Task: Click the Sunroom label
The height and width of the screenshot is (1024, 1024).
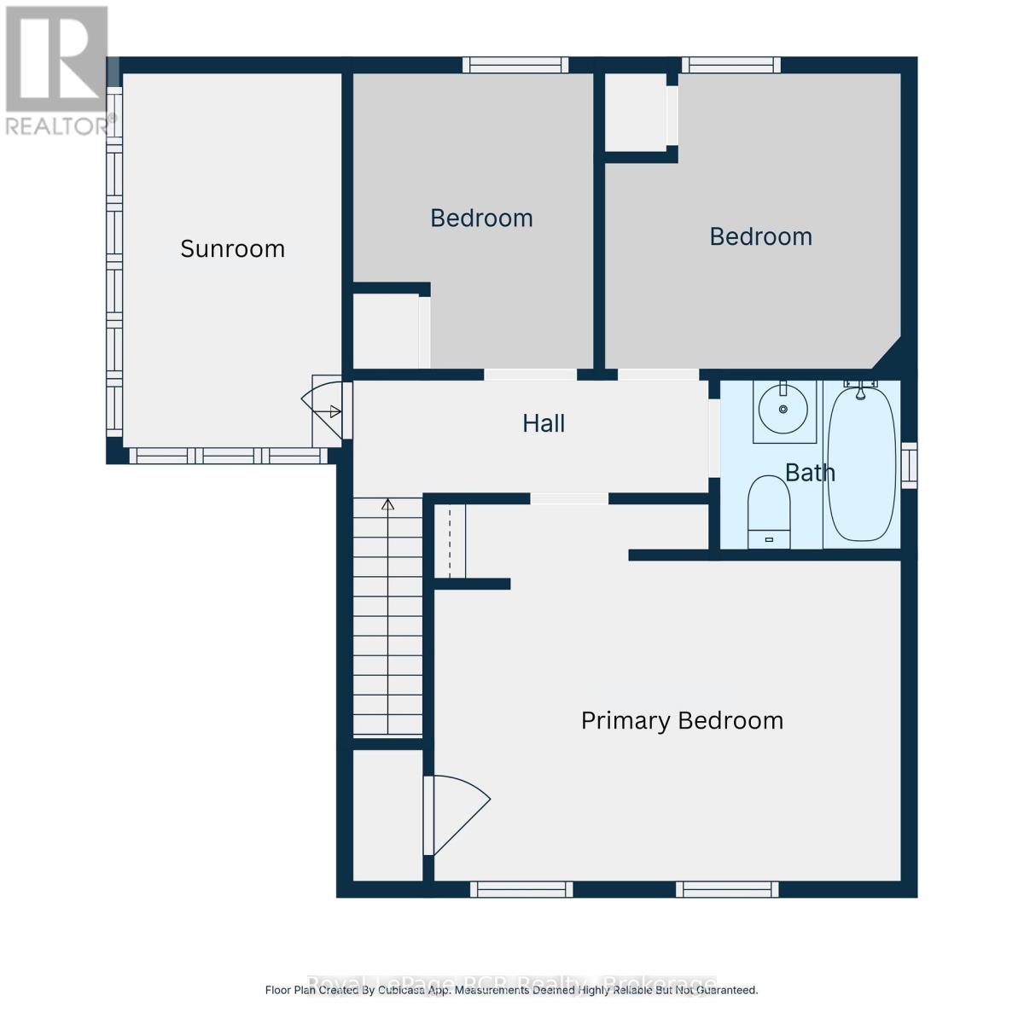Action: click(232, 248)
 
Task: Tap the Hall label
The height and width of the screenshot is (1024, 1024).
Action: click(544, 423)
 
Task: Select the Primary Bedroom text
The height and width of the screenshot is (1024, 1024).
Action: click(682, 721)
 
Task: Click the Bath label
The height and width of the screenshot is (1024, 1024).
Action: click(810, 472)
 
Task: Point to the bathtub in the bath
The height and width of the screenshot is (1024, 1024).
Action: click(862, 465)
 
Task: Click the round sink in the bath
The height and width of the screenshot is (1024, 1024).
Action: click(784, 410)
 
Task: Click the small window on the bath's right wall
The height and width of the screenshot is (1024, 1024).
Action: click(910, 465)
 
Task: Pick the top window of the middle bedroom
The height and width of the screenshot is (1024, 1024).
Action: click(515, 65)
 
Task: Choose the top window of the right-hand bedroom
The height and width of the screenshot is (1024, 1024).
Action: click(731, 65)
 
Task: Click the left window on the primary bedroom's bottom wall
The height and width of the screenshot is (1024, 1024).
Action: click(521, 889)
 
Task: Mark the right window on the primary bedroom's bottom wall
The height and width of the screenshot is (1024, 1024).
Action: click(727, 889)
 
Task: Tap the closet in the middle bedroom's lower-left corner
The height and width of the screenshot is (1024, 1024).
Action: click(387, 331)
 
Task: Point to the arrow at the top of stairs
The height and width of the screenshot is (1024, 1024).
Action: click(388, 504)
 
